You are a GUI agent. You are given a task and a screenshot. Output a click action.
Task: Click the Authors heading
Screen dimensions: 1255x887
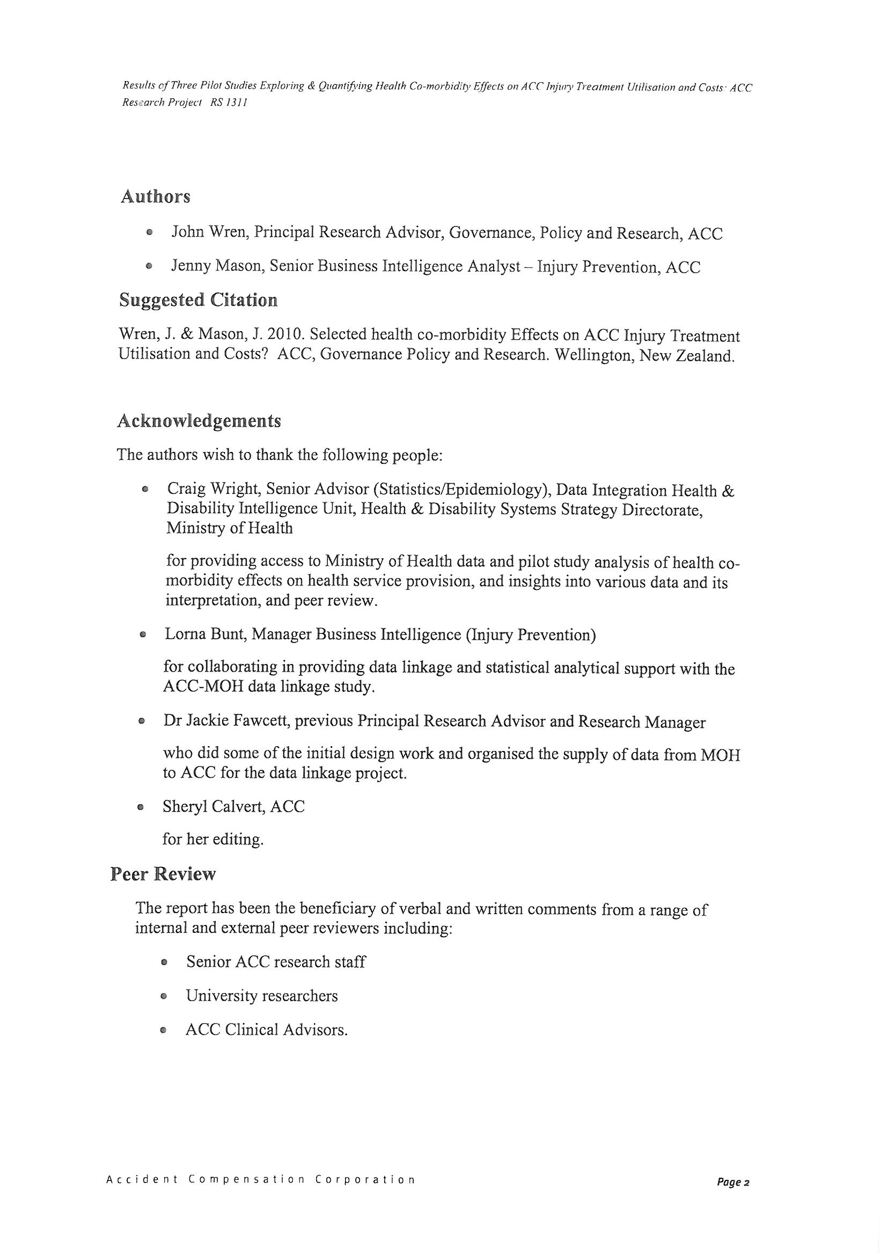tap(155, 196)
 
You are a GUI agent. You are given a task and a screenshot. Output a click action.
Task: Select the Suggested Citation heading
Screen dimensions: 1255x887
tap(198, 300)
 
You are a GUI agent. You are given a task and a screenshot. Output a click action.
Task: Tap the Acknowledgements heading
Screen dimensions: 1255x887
tap(199, 421)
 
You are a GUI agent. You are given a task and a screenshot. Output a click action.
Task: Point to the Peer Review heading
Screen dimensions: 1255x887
tap(163, 874)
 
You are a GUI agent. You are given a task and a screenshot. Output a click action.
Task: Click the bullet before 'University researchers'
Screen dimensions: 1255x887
tap(163, 996)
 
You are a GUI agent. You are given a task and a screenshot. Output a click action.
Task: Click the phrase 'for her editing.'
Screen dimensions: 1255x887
tap(212, 839)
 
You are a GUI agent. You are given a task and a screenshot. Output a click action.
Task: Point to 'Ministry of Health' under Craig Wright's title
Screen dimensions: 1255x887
tap(230, 528)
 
